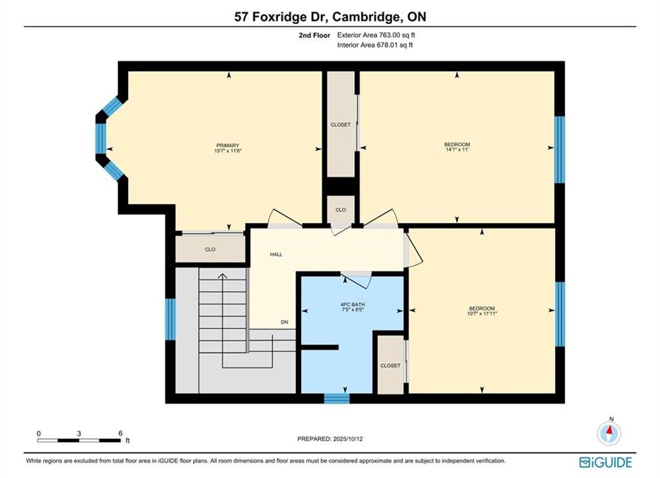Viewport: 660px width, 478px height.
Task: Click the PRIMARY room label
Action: click(x=228, y=145)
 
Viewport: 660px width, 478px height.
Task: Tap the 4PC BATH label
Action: click(x=353, y=305)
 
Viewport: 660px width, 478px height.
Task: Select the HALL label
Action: click(x=276, y=254)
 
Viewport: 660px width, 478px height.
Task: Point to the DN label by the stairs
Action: click(x=285, y=322)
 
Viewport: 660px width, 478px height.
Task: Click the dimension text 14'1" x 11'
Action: click(x=457, y=149)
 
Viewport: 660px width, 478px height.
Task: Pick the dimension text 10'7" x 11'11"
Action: click(x=482, y=313)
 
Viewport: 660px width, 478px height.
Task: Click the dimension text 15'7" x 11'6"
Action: click(x=228, y=150)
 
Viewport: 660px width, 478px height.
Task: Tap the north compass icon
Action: click(x=609, y=432)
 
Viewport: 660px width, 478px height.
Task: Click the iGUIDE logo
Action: click(x=606, y=462)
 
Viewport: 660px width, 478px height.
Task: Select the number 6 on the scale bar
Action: click(x=120, y=433)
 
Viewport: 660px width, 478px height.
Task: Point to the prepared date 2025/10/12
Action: click(x=348, y=439)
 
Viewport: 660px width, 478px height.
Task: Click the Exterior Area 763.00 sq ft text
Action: click(x=376, y=35)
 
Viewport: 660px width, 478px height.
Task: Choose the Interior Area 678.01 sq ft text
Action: click(x=375, y=45)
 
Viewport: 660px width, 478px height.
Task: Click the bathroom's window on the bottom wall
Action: click(x=337, y=398)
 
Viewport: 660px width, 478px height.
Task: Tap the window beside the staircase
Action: click(x=170, y=319)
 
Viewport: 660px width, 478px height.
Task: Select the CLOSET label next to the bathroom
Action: click(x=390, y=366)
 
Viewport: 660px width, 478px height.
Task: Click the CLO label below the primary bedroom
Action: click(x=210, y=250)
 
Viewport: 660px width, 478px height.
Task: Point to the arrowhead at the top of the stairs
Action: click(x=222, y=276)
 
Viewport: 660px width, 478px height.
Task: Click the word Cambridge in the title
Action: click(x=365, y=17)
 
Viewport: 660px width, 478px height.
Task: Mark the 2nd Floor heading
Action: click(x=314, y=35)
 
